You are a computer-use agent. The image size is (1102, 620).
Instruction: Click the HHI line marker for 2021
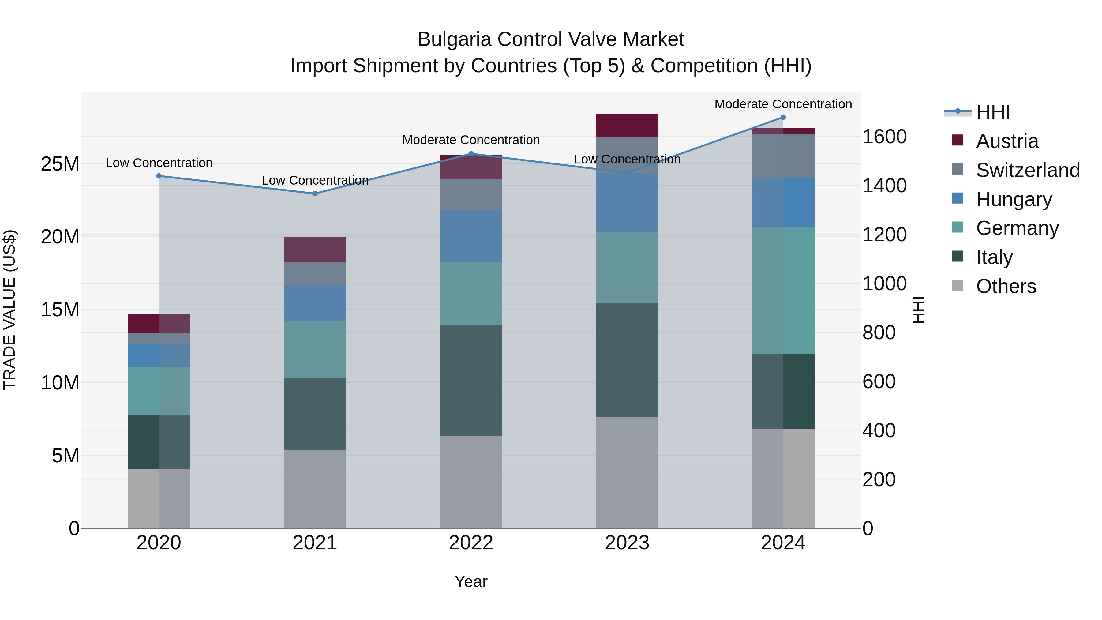315,194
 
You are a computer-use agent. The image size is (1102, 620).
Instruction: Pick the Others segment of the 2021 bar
315,489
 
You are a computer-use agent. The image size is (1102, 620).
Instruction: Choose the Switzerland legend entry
1028,170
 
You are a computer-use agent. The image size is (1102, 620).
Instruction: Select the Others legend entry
1006,286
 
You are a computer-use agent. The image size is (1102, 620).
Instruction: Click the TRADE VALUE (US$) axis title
10,310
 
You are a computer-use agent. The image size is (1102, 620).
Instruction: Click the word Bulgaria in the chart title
454,40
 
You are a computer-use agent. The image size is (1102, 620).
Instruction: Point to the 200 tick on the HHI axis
879,480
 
